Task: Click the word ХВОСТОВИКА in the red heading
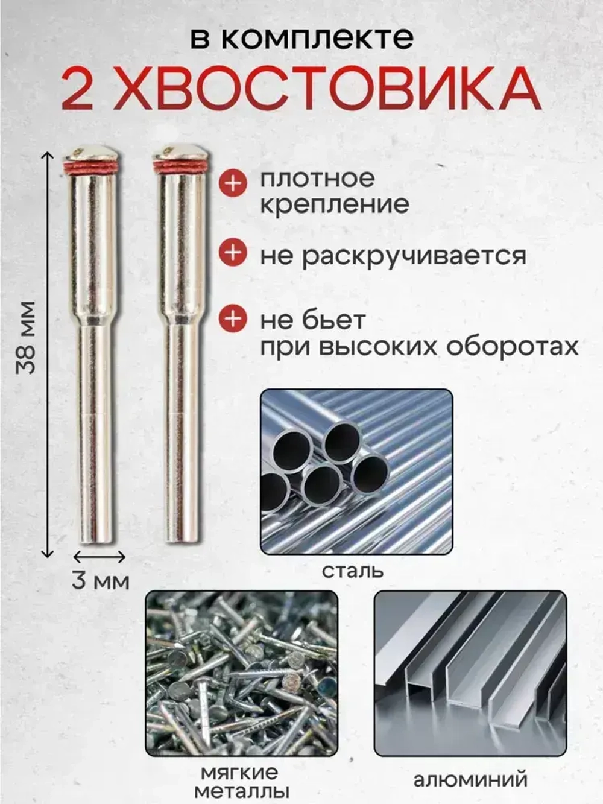tap(326, 89)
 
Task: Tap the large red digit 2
tap(77, 89)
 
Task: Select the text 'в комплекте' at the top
tap(301, 37)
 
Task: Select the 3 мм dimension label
tap(100, 581)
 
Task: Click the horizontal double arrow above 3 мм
tap(99, 556)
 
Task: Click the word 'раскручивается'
tap(414, 256)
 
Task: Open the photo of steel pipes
tap(356, 472)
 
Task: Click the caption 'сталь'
tap(353, 569)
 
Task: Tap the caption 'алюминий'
tap(470, 779)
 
